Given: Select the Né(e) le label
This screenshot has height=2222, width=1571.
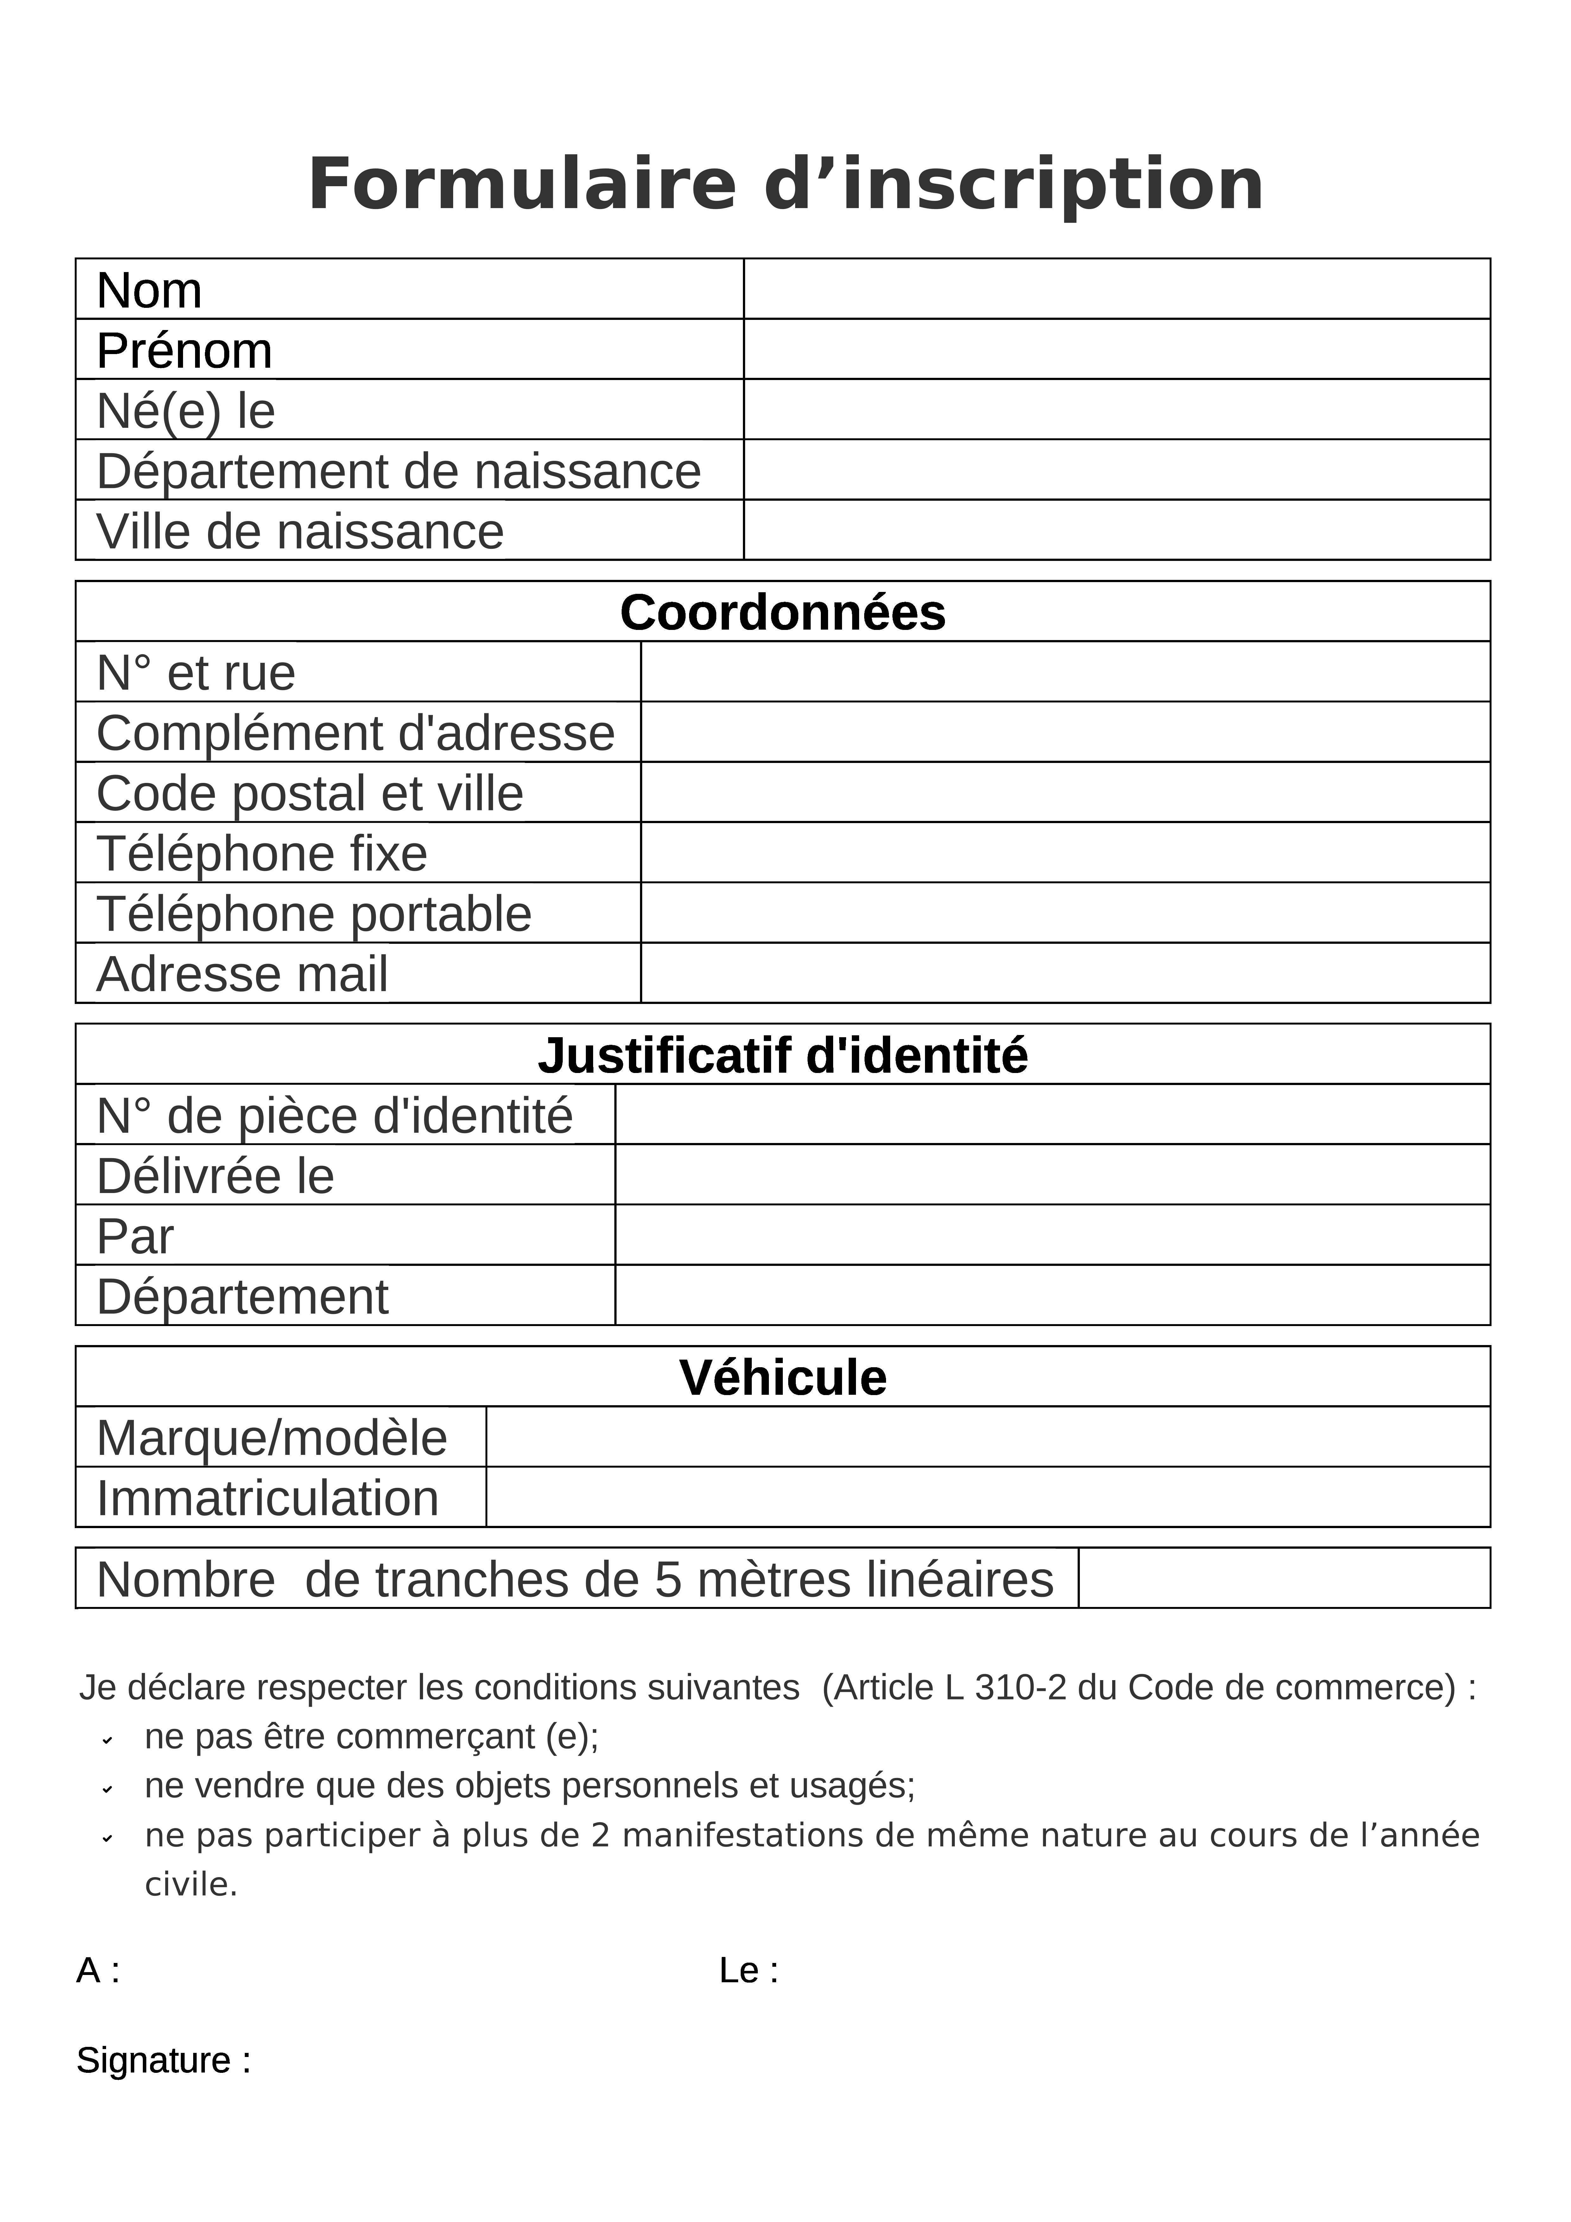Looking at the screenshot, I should pyautogui.click(x=186, y=410).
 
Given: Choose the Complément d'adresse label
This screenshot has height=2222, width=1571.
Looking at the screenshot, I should pyautogui.click(x=355, y=733).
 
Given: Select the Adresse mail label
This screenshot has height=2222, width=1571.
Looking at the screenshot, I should pyautogui.click(x=242, y=974).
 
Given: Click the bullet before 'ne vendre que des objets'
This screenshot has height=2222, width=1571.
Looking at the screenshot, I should pyautogui.click(x=107, y=1788).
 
